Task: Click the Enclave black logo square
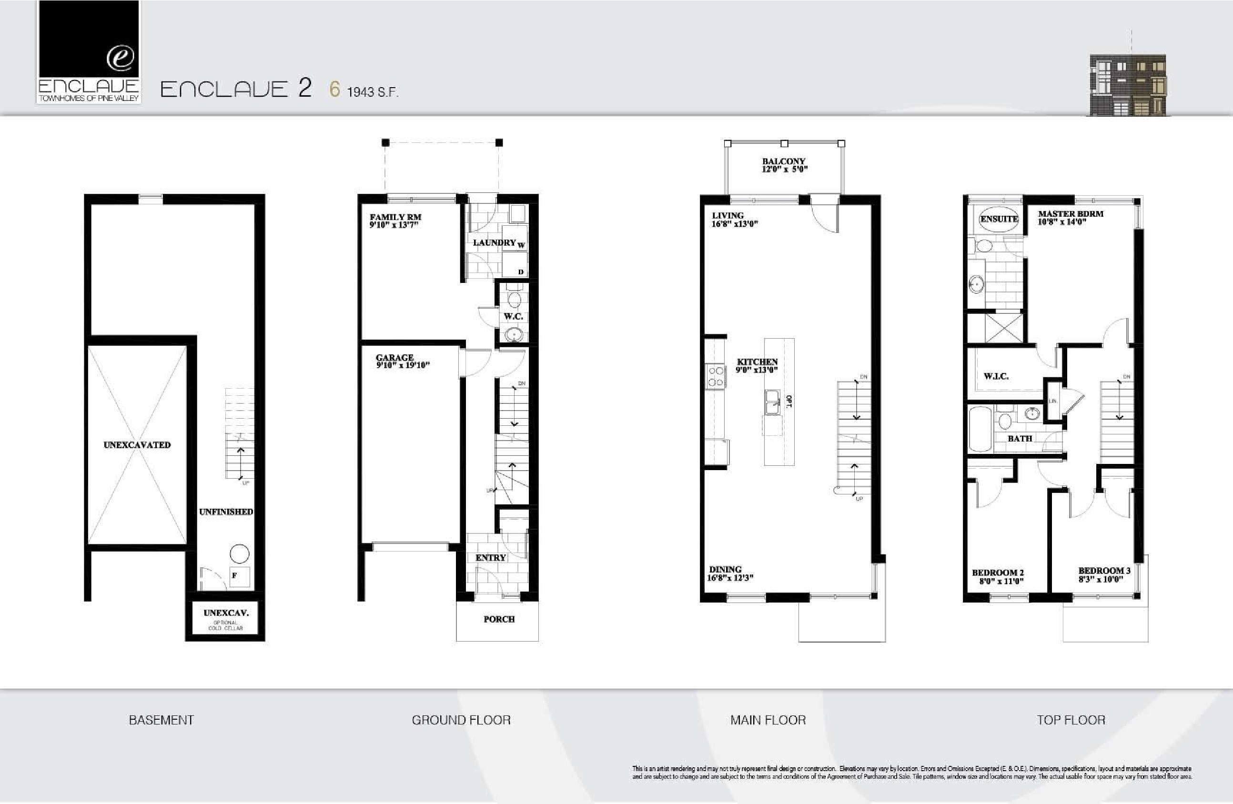coord(89,39)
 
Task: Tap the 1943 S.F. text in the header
coord(372,92)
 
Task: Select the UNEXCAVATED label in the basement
coord(137,445)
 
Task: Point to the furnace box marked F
coord(239,576)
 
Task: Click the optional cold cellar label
coord(225,625)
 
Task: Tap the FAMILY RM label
coord(395,217)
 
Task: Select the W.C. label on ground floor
coord(513,316)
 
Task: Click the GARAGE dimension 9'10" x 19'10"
coord(403,365)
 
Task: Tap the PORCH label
coord(499,619)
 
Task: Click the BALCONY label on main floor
coord(783,161)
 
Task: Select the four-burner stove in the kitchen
coord(716,377)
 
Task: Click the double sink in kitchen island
coord(772,402)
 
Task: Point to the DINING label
coord(725,569)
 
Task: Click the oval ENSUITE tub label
coord(999,219)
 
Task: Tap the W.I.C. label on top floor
coord(996,376)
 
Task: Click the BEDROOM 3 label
coord(1104,570)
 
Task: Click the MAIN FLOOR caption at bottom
coord(768,720)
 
